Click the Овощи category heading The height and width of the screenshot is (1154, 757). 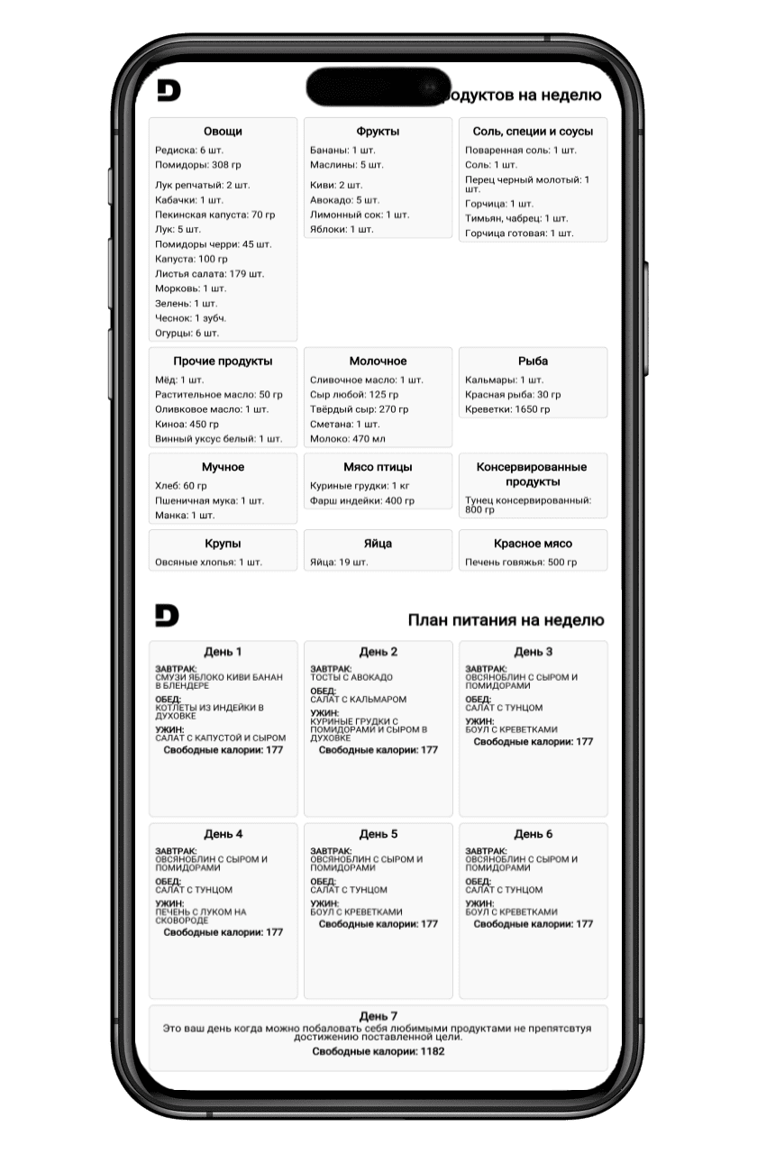pos(223,132)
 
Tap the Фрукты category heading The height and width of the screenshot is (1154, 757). pos(378,132)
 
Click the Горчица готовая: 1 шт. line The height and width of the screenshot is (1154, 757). pos(519,234)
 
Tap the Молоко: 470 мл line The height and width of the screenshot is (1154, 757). pos(347,439)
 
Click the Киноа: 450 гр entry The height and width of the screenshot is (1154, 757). pos(187,424)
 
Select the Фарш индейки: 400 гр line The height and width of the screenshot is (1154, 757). pos(355,500)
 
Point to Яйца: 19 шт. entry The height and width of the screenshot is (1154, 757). pos(339,563)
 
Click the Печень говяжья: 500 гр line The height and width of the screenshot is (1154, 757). pos(521,563)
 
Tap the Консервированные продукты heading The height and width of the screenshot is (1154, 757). pos(533,474)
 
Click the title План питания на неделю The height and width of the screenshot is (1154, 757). pos(506,620)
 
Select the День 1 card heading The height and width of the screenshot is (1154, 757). pos(223,652)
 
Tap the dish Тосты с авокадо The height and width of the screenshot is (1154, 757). pos(351,677)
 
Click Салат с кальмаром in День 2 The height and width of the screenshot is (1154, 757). pos(359,699)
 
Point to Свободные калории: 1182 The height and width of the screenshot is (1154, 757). pos(378,1051)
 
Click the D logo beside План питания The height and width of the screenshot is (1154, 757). pos(167,616)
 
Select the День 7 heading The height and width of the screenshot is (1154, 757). pos(378,1016)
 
